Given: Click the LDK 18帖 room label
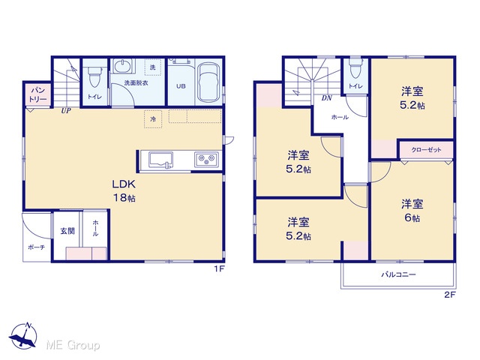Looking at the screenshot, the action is [x=124, y=191].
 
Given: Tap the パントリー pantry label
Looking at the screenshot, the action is [x=38, y=94].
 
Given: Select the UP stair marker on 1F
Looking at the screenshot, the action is [x=66, y=111].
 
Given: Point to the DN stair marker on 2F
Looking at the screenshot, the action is [x=327, y=98].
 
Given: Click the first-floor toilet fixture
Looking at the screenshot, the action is [x=94, y=76].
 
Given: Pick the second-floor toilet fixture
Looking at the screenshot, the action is [x=355, y=68].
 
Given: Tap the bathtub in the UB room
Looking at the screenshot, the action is [x=208, y=83].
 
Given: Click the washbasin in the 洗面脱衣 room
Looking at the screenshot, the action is [x=124, y=66].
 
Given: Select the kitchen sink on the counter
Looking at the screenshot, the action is [x=160, y=160].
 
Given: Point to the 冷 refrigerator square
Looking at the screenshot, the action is [x=153, y=118].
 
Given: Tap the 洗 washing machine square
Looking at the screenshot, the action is [x=153, y=67].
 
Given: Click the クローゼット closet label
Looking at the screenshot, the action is [x=426, y=150].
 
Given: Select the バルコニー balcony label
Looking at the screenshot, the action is [x=398, y=274].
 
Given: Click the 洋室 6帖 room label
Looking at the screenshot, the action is [x=412, y=211].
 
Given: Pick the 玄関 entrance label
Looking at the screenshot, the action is [x=67, y=231].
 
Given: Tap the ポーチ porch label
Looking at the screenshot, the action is [x=37, y=247].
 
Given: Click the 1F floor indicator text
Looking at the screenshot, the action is [x=219, y=269].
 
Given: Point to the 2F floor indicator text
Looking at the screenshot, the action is [x=450, y=295].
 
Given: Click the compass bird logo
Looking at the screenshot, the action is [x=23, y=336].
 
